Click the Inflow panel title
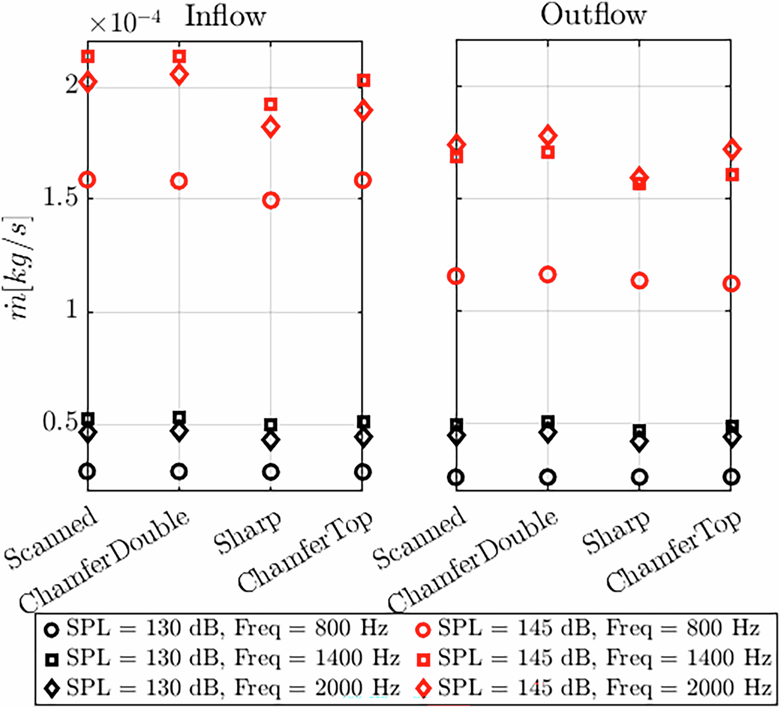point(225,16)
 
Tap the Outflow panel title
point(593,14)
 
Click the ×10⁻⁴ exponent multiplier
point(124,23)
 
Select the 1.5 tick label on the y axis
point(61,198)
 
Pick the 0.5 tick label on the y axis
point(61,423)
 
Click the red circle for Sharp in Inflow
point(271,201)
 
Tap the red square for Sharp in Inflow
point(271,104)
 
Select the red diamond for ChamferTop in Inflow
point(363,110)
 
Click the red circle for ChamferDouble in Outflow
point(547,275)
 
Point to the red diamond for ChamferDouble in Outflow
point(548,136)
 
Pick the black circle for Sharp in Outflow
point(639,477)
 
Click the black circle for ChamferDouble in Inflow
point(179,471)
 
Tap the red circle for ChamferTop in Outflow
point(732,283)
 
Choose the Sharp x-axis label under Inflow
point(248,532)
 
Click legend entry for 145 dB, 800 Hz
point(587,629)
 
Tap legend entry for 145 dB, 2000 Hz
point(593,688)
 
